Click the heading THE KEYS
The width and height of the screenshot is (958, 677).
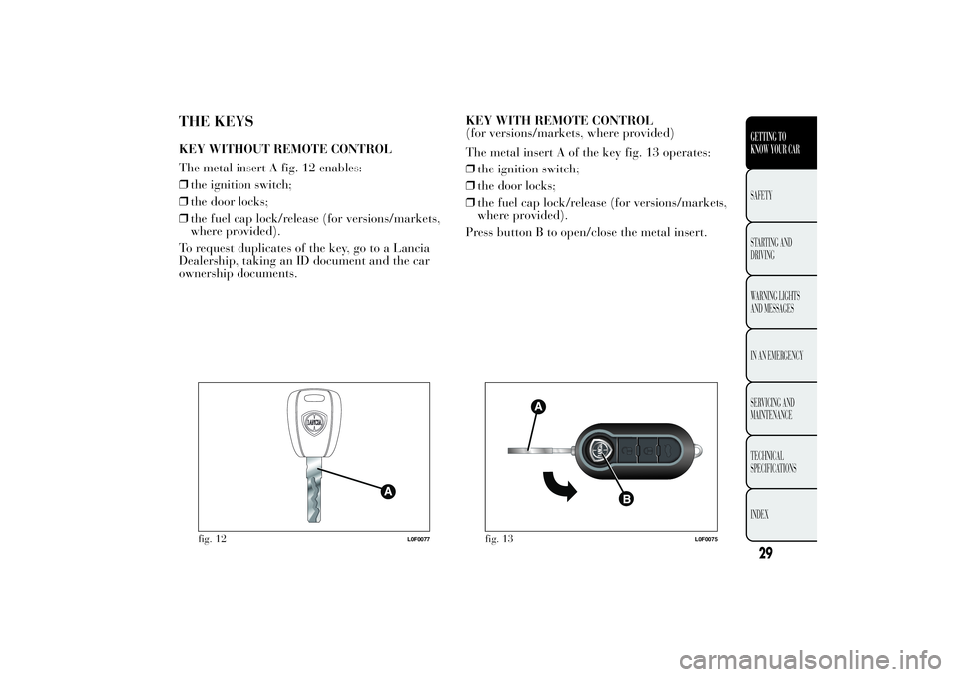216,122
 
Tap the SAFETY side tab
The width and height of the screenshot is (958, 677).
772,196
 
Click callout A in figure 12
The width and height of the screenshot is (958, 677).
385,492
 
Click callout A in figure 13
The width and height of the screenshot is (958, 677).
538,406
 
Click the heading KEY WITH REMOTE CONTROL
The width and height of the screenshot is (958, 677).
560,120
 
